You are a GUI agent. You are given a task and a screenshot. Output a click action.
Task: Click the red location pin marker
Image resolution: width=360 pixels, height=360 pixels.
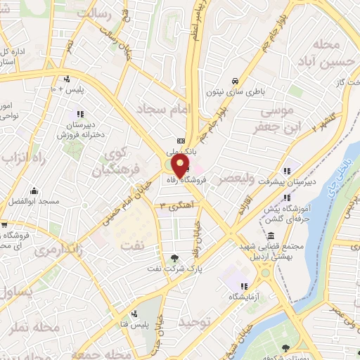[x=180, y=166]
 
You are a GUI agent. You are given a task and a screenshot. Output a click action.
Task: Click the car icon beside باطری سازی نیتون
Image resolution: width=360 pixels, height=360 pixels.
[x=235, y=79]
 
